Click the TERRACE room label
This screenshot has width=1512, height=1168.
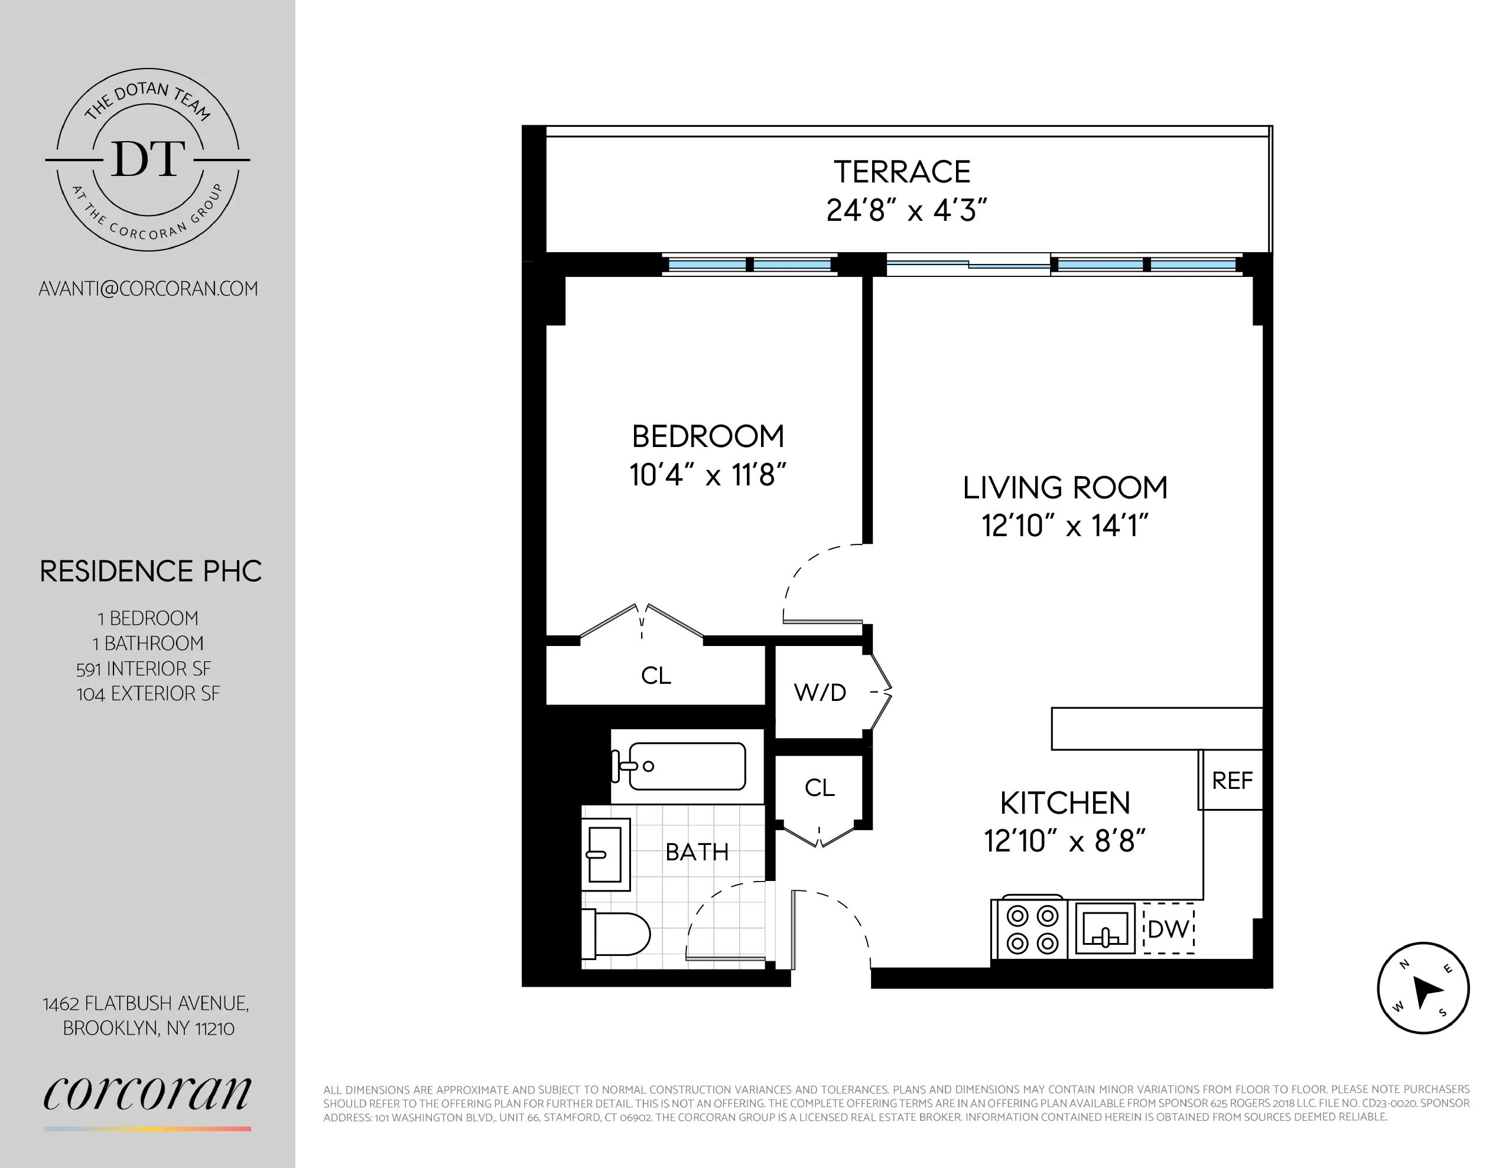pos(902,172)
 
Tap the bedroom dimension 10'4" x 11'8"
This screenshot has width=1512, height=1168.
pos(707,475)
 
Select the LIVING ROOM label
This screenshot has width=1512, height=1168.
pos(1065,488)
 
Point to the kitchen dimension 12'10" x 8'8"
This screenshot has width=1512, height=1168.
pos(1065,841)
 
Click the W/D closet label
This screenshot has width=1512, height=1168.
pos(820,693)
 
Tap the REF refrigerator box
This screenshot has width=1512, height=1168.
pos(1231,781)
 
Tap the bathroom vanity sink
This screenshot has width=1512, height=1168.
pos(605,854)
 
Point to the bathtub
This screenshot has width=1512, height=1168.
pos(685,766)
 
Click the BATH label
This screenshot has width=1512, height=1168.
pos(697,851)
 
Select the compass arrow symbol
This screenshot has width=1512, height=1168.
pos(1423,988)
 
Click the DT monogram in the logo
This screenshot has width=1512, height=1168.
pos(148,159)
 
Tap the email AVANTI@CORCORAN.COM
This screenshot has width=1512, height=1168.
pos(148,289)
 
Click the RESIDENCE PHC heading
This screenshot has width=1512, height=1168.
pos(150,572)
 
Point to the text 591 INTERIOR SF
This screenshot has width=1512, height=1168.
pos(144,668)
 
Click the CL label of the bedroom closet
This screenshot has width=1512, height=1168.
pos(656,676)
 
